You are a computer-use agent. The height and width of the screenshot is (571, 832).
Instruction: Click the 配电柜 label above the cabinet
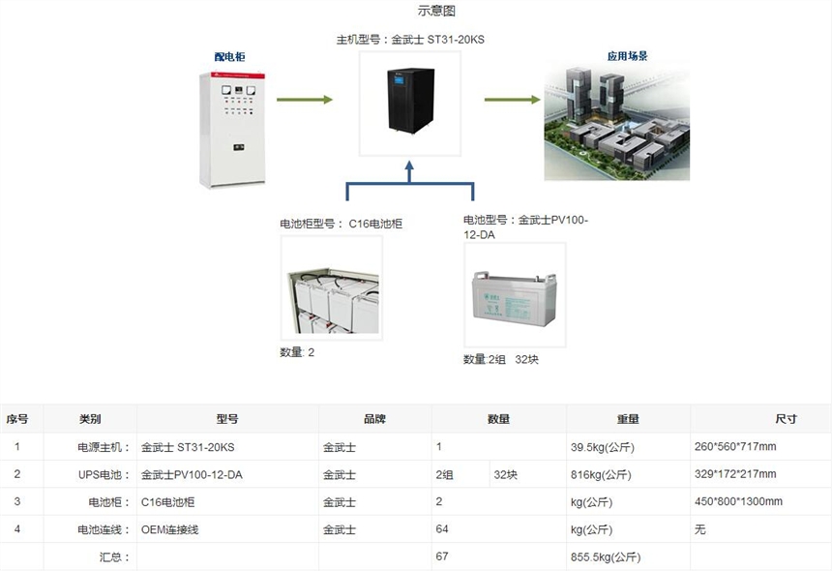point(229,57)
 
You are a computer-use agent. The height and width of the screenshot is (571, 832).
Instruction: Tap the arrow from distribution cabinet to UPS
point(304,100)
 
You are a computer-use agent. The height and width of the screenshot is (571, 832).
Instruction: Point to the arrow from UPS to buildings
point(512,100)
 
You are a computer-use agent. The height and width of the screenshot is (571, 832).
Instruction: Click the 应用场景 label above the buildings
point(627,57)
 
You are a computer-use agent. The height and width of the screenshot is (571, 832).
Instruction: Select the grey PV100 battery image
point(514,295)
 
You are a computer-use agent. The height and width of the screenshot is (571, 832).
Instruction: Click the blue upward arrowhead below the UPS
point(409,169)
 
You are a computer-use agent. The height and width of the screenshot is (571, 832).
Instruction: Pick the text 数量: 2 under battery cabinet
point(297,352)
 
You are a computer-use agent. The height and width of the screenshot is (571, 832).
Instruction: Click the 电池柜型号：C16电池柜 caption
point(341,224)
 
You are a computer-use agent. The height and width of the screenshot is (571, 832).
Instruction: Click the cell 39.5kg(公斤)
point(600,447)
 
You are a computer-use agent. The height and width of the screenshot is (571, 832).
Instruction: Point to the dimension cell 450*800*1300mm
point(738,502)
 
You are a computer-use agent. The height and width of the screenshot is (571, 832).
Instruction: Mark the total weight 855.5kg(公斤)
point(605,557)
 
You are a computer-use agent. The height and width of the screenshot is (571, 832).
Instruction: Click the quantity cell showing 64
point(442,530)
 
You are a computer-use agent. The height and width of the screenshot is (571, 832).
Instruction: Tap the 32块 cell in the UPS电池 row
point(505,475)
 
